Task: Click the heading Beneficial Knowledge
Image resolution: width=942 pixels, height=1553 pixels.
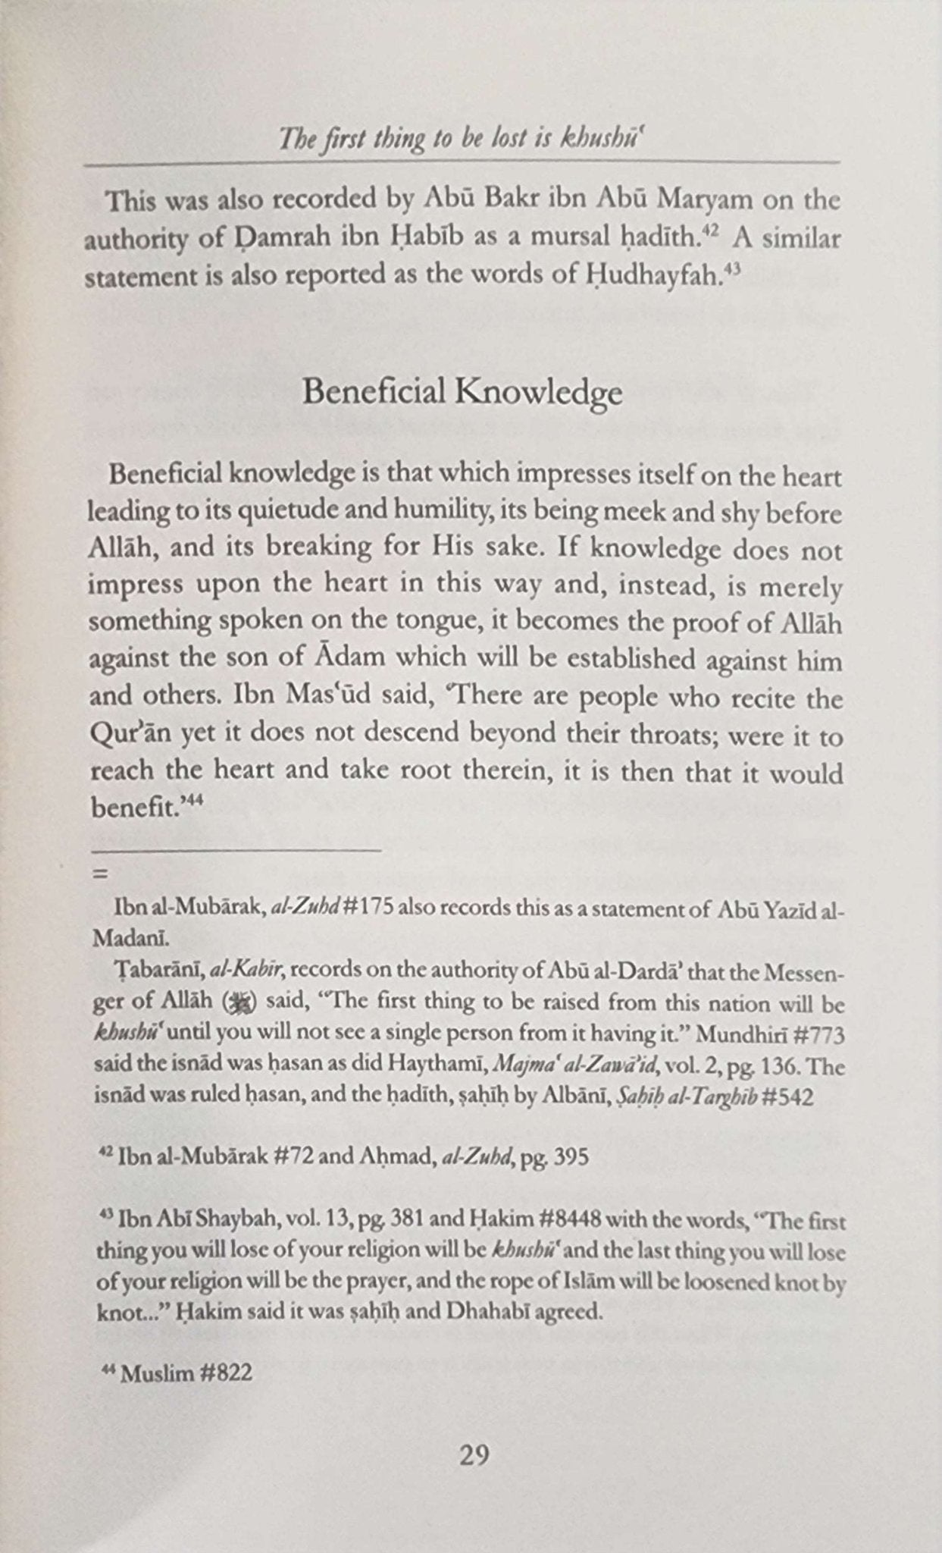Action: [462, 393]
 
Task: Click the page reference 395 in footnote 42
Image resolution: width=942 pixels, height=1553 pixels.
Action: [571, 1158]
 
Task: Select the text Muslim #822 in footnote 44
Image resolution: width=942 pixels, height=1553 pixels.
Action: [186, 1373]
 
